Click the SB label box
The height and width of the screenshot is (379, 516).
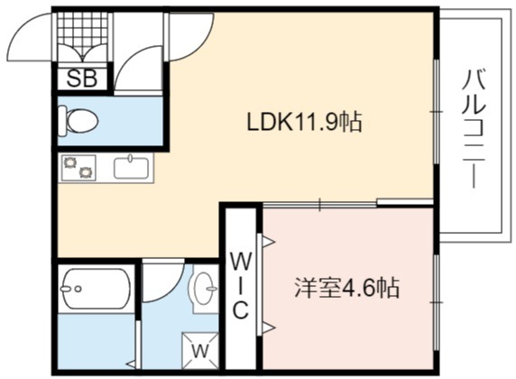pyautogui.click(x=82, y=79)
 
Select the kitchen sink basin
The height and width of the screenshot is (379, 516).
pyautogui.click(x=132, y=167)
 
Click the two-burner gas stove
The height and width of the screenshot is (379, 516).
pyautogui.click(x=78, y=167)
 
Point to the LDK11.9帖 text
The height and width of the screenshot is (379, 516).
pyautogui.click(x=304, y=123)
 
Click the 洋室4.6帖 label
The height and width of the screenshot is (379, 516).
pyautogui.click(x=346, y=288)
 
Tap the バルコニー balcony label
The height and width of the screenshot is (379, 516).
pyautogui.click(x=474, y=128)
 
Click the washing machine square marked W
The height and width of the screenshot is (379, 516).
pyautogui.click(x=200, y=351)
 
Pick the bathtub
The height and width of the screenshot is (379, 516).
pyautogui.click(x=97, y=289)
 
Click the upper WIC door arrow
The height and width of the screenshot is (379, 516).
pyautogui.click(x=269, y=242)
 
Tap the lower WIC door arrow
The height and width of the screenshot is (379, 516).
pyautogui.click(x=269, y=328)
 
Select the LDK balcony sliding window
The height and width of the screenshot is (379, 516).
pyautogui.click(x=437, y=112)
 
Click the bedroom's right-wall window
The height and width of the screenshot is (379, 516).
pyautogui.click(x=437, y=302)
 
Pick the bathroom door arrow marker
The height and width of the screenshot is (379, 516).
pyautogui.click(x=131, y=365)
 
